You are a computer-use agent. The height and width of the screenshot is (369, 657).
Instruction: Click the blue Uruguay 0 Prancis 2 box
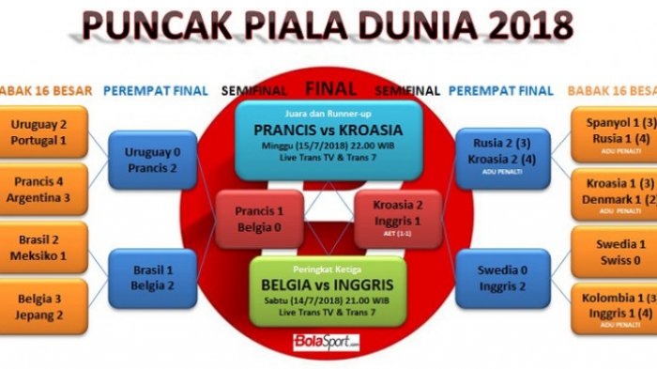(152, 161)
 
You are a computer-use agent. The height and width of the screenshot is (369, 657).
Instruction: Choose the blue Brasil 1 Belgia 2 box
(152, 278)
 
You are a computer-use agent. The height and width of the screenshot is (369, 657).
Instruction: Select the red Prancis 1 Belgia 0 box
(259, 218)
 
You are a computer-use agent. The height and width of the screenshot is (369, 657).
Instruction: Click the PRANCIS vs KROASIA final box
(328, 141)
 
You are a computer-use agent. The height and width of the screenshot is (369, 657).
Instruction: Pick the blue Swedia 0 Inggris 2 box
(502, 278)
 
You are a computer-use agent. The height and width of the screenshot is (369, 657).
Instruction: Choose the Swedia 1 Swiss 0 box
(614, 251)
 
